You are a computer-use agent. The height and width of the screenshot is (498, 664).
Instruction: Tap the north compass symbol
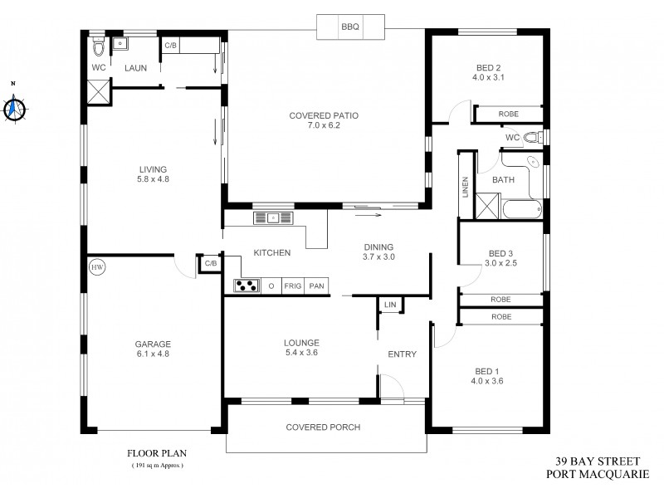coord(13,107)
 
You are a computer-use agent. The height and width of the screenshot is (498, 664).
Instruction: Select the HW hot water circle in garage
coord(97,267)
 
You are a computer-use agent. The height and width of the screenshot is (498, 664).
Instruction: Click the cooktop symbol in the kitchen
coord(247,286)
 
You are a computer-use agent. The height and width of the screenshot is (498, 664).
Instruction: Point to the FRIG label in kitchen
coord(292,286)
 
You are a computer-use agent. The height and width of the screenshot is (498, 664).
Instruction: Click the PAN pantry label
coord(316,286)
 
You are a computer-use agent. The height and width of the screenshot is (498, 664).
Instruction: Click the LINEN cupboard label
coord(466,188)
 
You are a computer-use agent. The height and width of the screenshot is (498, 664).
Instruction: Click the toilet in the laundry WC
coord(97,45)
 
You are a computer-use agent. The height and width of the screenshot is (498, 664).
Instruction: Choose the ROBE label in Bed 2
coord(509,114)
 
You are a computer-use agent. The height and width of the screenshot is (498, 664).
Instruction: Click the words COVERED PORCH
coord(323,427)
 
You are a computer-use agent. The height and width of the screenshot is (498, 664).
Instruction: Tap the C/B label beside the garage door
coord(210,263)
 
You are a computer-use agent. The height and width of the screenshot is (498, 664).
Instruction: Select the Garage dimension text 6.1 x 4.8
coord(153,354)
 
